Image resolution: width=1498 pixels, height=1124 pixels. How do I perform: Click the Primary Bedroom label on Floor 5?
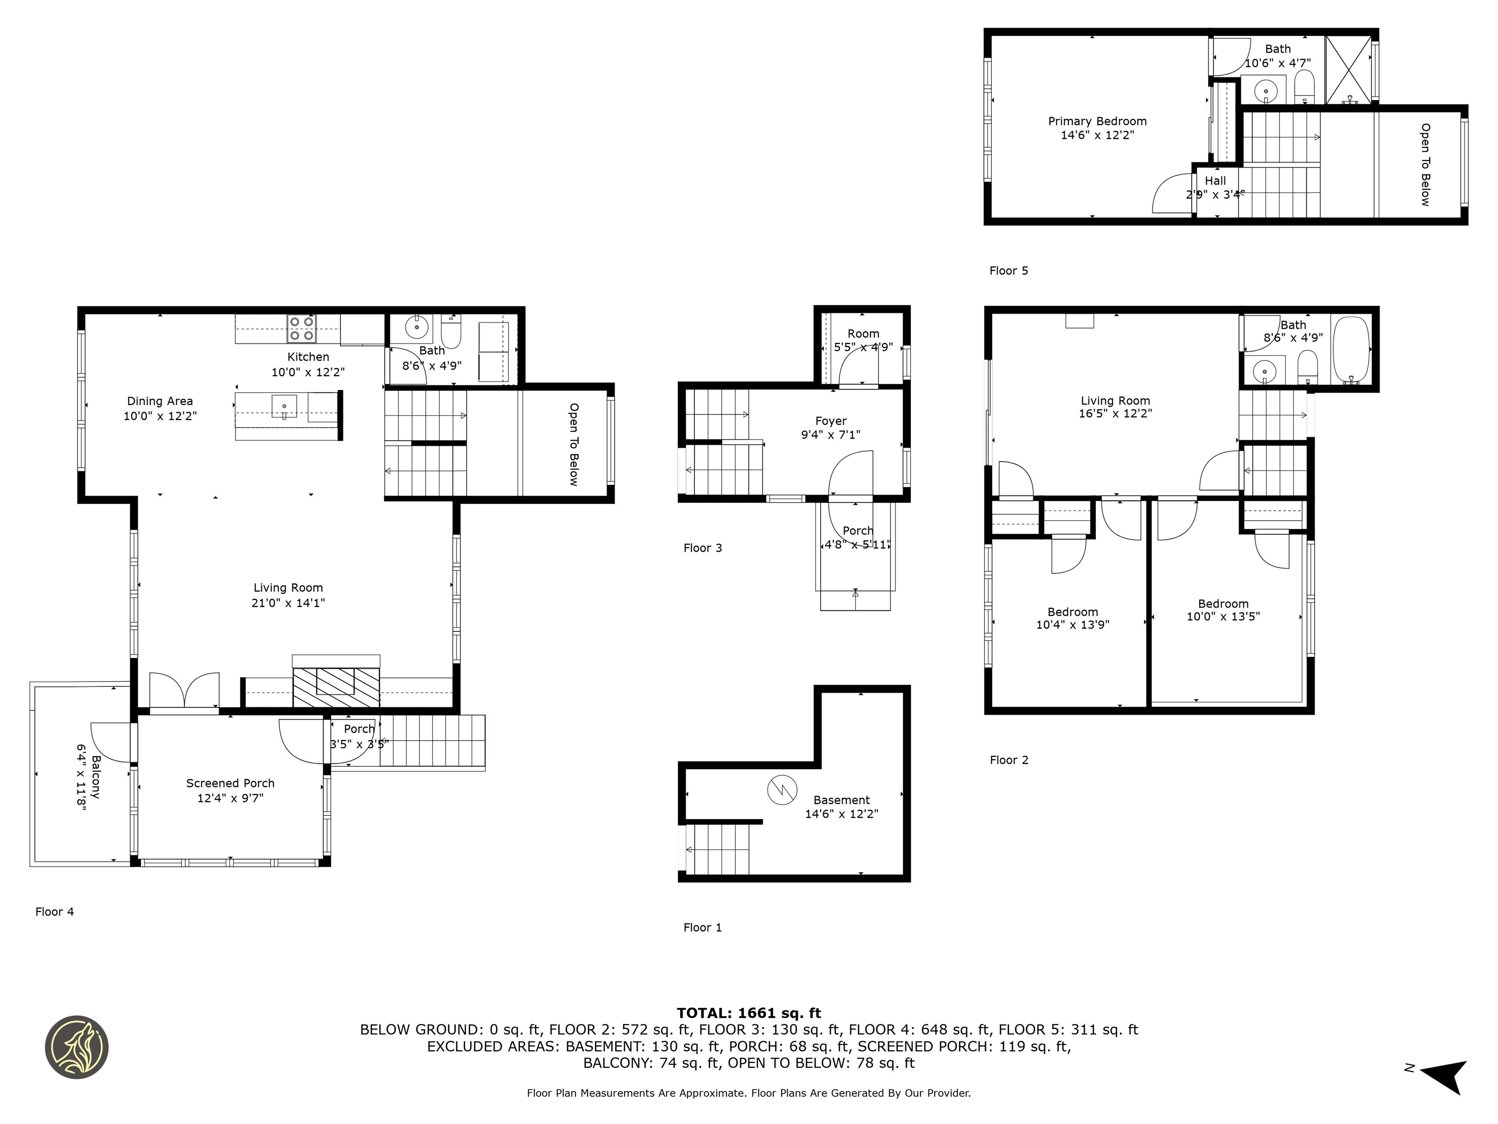(1097, 121)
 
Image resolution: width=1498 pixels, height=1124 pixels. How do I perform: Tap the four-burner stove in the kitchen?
(301, 329)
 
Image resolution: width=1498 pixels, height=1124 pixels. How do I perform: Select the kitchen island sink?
(284, 406)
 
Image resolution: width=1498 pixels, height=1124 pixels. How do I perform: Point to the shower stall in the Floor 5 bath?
(1348, 70)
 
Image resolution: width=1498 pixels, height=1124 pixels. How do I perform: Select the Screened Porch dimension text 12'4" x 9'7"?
(230, 798)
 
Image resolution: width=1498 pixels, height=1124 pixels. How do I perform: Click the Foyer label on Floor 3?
(831, 421)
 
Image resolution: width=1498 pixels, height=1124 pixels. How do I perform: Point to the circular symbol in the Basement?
(782, 789)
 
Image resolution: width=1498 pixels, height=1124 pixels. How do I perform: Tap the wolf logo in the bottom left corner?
(77, 1047)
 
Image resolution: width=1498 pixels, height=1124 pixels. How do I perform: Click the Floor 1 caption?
(702, 927)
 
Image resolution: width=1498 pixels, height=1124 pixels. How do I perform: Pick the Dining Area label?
(160, 401)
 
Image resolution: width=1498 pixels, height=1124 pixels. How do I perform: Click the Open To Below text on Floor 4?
(573, 444)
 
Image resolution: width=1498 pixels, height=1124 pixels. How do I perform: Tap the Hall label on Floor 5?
(1215, 181)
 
